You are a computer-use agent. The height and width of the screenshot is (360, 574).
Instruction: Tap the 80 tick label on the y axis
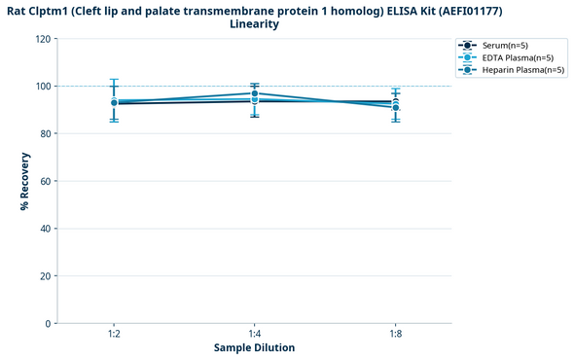(44, 134)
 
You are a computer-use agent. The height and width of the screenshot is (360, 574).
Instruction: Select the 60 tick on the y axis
(44, 181)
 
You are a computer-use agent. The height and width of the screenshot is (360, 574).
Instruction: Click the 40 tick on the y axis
(44, 229)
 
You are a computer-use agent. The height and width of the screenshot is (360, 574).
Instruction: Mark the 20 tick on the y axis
(44, 276)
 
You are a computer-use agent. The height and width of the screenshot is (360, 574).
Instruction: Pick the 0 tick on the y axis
(47, 323)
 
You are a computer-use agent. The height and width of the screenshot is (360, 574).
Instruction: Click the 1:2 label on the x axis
(114, 334)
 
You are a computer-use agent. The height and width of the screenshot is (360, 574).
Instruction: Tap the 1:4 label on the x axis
(254, 334)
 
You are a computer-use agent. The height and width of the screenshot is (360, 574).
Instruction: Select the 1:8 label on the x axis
(394, 334)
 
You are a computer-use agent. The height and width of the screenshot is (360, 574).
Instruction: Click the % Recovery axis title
(24, 181)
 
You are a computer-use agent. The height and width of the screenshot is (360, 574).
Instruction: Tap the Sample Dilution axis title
(254, 347)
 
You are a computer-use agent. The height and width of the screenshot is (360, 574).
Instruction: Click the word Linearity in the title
(254, 23)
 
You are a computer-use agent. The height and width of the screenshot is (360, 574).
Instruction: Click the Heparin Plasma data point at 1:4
(254, 93)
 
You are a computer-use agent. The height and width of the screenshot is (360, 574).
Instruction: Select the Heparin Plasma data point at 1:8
(394, 107)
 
